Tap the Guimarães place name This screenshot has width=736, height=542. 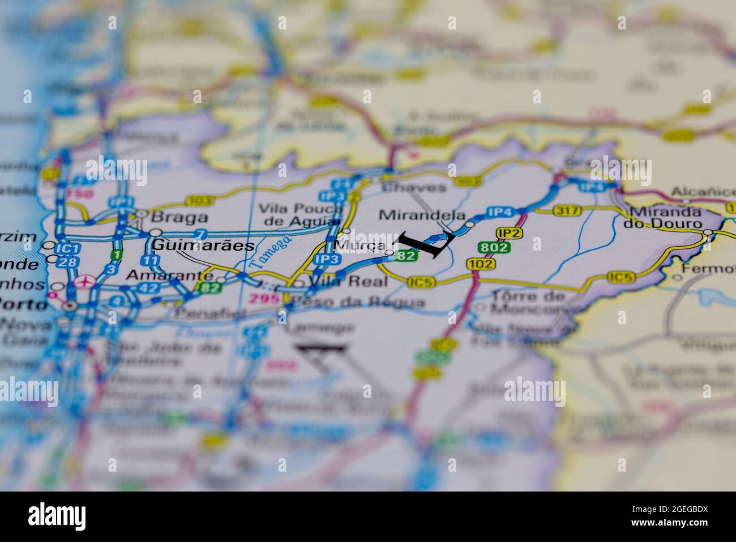tap(196, 245)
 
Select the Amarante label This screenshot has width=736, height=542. tap(169, 275)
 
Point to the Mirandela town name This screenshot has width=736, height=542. tap(422, 215)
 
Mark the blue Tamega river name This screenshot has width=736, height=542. tap(271, 251)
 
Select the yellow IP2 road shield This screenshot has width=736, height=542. tap(509, 232)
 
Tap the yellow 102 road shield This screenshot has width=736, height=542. tap(481, 263)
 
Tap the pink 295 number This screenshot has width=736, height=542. tap(266, 299)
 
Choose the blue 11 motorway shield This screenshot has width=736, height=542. tap(151, 260)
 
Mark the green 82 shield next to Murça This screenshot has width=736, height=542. tap(406, 256)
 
